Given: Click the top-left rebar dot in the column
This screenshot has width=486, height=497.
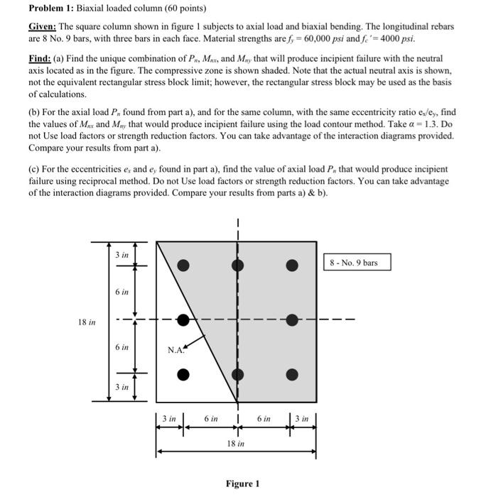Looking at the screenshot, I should click(x=183, y=266).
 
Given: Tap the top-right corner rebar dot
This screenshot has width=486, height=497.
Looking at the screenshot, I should click(x=291, y=266).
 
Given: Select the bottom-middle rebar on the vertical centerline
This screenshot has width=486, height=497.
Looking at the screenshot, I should click(x=237, y=374).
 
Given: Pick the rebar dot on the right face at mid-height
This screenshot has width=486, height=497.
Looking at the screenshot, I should click(x=291, y=320).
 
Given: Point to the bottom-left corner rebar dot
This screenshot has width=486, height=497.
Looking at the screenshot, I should click(x=183, y=374).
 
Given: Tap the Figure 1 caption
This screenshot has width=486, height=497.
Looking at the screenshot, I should click(x=242, y=484).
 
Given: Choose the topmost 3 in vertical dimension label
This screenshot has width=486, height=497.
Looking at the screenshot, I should click(x=121, y=254).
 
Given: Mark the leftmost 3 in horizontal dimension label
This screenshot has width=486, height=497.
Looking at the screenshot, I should click(x=170, y=419).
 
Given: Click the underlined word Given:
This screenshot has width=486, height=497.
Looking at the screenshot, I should click(x=42, y=26).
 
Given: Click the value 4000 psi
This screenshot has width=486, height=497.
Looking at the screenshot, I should click(x=398, y=38).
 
